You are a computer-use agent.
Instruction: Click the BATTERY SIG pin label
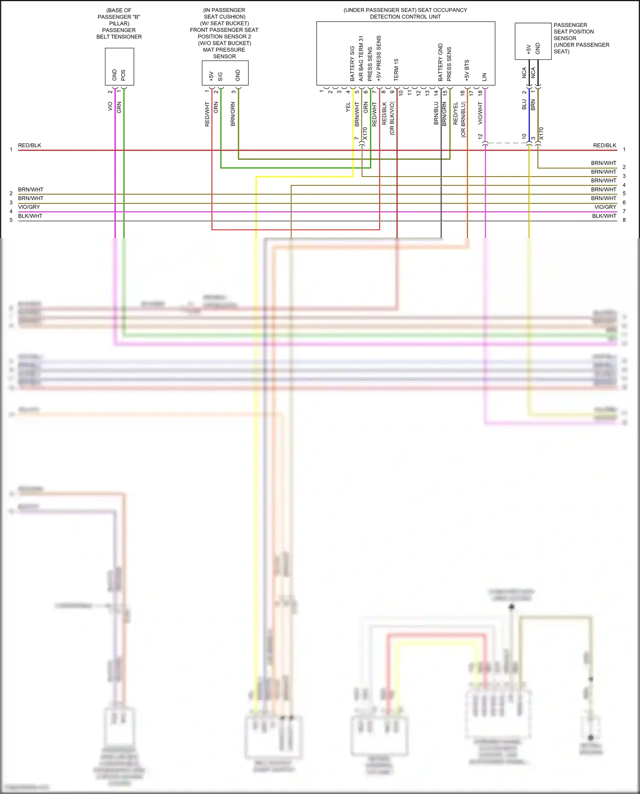pyautogui.click(x=352, y=64)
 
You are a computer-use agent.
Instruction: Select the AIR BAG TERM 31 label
pyautogui.click(x=361, y=58)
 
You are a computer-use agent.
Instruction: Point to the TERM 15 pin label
pyautogui.click(x=396, y=70)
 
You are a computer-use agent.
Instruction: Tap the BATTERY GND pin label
pyautogui.click(x=441, y=62)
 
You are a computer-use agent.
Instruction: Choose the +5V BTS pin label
pyautogui.click(x=467, y=70)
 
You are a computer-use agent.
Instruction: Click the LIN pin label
pyautogui.click(x=485, y=77)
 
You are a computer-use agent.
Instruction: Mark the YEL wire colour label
pyautogui.click(x=348, y=107)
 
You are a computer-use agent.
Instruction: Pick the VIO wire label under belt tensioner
pyautogui.click(x=110, y=106)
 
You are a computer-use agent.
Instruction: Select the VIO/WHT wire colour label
pyautogui.click(x=480, y=113)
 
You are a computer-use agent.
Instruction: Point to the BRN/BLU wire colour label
pyautogui.click(x=436, y=113)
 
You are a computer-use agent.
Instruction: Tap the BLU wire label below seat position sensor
pyautogui.click(x=524, y=105)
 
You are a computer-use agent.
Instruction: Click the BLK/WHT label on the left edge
pyautogui.click(x=30, y=216)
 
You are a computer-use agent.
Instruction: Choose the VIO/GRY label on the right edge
pyautogui.click(x=605, y=207)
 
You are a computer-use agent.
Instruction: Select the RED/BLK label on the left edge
pyautogui.click(x=30, y=145)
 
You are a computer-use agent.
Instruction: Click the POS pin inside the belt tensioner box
pyautogui.click(x=123, y=75)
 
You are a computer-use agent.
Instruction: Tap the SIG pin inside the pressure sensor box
pyautogui.click(x=220, y=77)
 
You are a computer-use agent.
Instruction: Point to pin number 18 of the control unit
pyautogui.click(x=480, y=93)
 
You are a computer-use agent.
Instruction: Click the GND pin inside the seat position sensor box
pyautogui.click(x=538, y=49)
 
